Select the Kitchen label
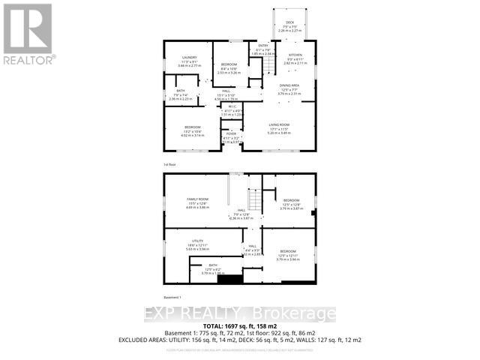pos(293,56)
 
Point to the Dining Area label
pos(289,86)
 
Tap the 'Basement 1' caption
pos(172,298)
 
